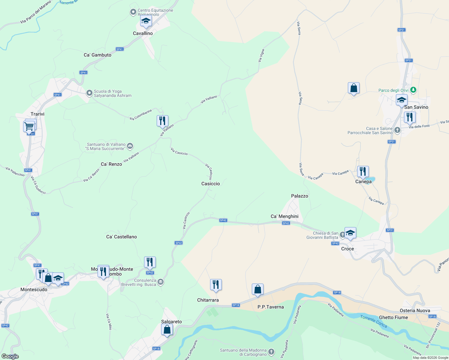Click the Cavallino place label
(x=143, y=33)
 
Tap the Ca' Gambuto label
(x=98, y=55)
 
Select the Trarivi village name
(x=38, y=114)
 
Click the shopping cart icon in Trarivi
(x=29, y=127)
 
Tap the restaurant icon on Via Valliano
(x=162, y=121)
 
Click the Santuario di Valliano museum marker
(x=130, y=146)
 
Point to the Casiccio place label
(x=211, y=184)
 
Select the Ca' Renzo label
(x=111, y=164)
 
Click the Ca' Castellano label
(x=122, y=237)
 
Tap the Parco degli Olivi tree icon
(x=413, y=90)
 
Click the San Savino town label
(x=416, y=107)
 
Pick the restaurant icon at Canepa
(x=363, y=172)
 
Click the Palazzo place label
(x=300, y=196)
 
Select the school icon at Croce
(x=350, y=233)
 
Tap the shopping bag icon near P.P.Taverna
(x=258, y=289)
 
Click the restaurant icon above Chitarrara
(x=216, y=284)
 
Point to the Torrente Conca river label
(x=374, y=321)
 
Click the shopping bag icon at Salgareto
(x=167, y=330)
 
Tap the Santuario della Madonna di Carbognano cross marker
(x=271, y=352)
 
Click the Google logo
(x=10, y=356)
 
